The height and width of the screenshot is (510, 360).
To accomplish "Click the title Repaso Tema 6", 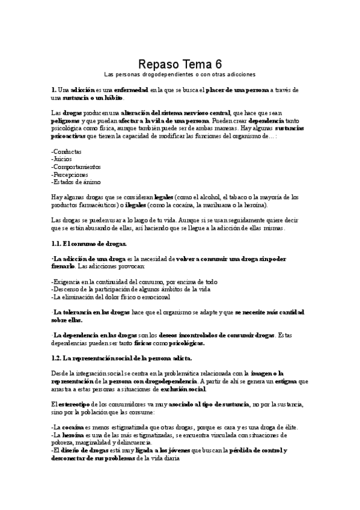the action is (180, 64).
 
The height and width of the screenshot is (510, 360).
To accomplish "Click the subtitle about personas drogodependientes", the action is (180, 75).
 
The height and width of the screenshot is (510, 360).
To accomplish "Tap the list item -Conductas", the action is (67, 152).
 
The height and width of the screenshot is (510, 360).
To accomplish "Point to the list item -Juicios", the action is (63, 159).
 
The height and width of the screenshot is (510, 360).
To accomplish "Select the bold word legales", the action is (164, 197).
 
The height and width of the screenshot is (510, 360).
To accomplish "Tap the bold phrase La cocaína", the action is (70, 427).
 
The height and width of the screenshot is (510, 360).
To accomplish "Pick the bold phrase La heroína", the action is (70, 434).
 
